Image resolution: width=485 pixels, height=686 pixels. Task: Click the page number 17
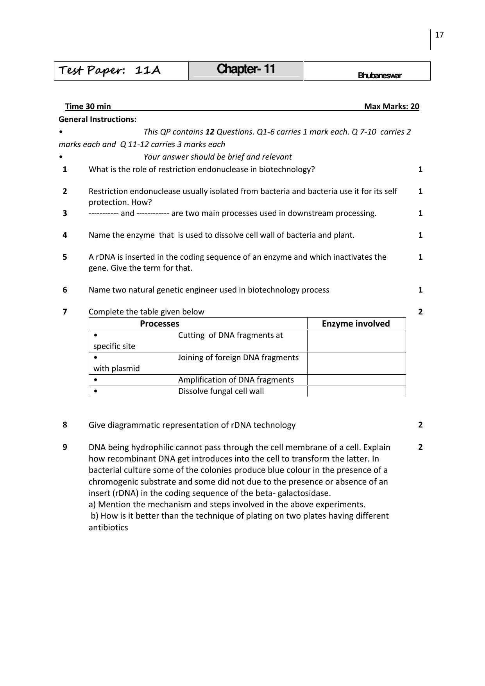pos(439,35)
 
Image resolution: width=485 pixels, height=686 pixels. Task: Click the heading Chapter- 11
pos(246,69)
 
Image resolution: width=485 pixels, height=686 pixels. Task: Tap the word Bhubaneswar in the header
pos(379,76)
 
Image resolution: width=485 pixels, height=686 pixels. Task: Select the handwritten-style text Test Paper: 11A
pos(110,70)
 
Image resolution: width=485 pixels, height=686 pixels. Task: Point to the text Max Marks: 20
pos(392,106)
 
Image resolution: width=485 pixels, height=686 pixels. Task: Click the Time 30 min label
pos(88,106)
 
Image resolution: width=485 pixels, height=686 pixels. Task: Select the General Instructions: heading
pos(98,119)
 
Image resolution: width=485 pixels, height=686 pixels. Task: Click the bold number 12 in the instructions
pos(210,132)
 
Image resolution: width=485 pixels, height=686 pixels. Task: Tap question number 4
pos(65,235)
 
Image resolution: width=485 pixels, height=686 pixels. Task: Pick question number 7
pos(65,312)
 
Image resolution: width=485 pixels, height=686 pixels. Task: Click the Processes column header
pos(159,324)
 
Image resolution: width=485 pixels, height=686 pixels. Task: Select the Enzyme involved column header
pos(356,324)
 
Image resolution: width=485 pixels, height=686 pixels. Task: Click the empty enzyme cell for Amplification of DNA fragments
pos(356,380)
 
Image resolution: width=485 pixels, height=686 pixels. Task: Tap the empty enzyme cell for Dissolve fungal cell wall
pos(356,391)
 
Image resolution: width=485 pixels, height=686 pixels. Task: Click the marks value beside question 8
pos(420,425)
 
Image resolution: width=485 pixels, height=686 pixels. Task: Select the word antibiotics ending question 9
pos(108,527)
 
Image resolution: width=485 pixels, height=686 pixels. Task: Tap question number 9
pos(65,447)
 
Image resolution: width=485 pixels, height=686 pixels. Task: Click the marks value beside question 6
pos(420,290)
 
